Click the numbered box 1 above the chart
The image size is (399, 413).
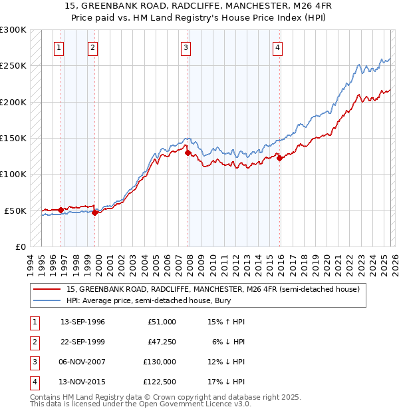click(x=59, y=47)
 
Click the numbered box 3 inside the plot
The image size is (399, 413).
click(x=186, y=47)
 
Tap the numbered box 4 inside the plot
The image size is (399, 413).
click(x=277, y=47)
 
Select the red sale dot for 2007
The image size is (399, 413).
click(x=188, y=153)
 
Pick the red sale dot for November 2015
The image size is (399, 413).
click(x=279, y=158)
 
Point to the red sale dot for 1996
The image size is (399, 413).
click(x=61, y=210)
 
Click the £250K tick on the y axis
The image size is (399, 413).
click(x=13, y=66)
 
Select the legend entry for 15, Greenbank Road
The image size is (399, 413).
click(x=213, y=289)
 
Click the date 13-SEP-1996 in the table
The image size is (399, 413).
click(x=82, y=322)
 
